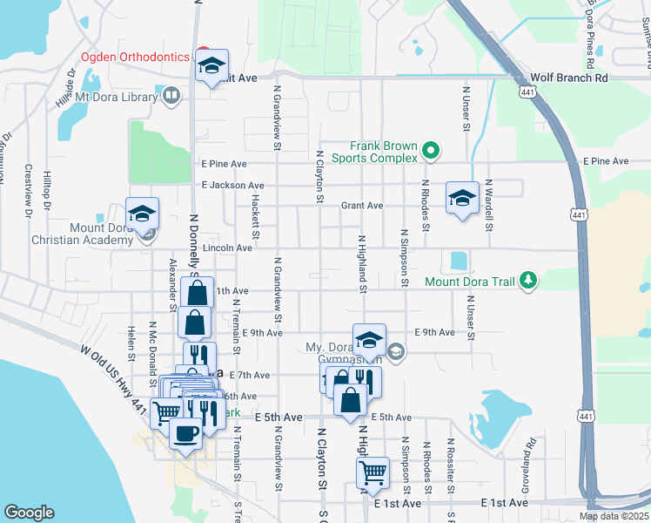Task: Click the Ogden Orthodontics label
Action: (x=135, y=57)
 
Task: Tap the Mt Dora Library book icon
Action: (x=172, y=95)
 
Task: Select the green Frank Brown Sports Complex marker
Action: (x=429, y=153)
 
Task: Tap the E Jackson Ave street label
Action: (x=232, y=186)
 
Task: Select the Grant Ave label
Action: (x=362, y=206)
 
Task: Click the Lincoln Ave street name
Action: (x=227, y=248)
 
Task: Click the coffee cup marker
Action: (x=185, y=434)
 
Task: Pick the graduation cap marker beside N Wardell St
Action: (x=463, y=197)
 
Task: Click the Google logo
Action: (x=29, y=513)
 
